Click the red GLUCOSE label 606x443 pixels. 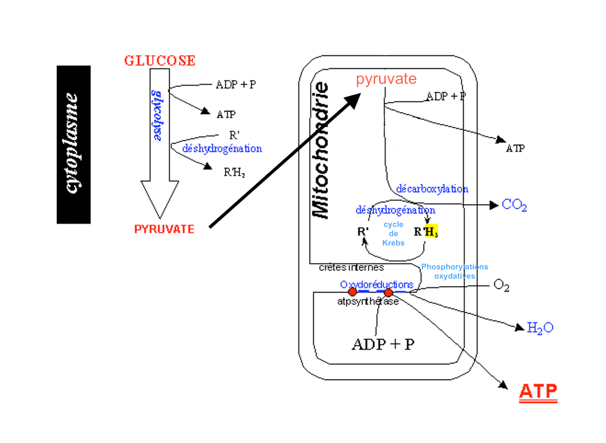[x=160, y=61]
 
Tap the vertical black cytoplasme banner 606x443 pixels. [x=73, y=144]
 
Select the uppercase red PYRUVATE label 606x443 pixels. [x=164, y=229]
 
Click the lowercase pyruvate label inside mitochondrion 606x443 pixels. [x=386, y=79]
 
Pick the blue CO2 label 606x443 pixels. [x=514, y=205]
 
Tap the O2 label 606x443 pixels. [x=501, y=285]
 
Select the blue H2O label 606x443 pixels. [x=540, y=328]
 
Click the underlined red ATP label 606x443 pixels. [x=538, y=392]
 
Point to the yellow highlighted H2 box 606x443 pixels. [x=431, y=231]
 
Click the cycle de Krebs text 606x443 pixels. [x=393, y=234]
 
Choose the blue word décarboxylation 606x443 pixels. [x=432, y=189]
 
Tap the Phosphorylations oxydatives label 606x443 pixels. [x=454, y=271]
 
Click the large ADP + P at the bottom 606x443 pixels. [x=383, y=345]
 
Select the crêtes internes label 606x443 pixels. [x=351, y=268]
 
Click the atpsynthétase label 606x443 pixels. [x=368, y=301]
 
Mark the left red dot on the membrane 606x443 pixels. [x=352, y=292]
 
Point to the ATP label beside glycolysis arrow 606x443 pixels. [x=226, y=114]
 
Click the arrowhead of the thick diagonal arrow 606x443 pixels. [x=354, y=100]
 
